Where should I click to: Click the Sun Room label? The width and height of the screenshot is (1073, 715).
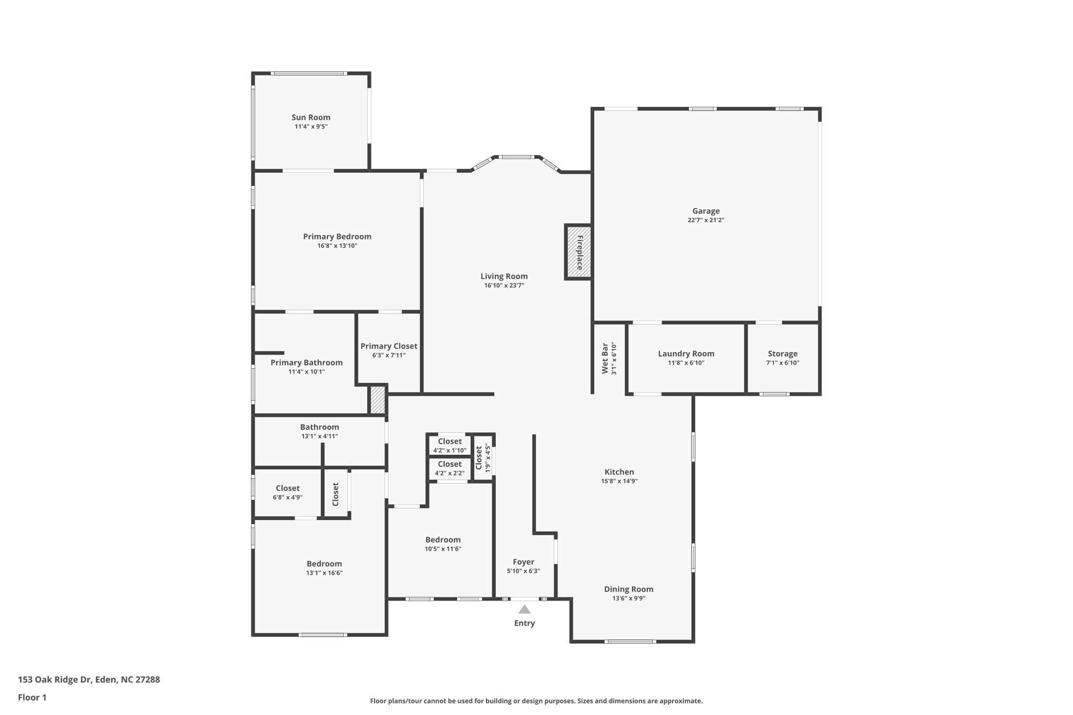point(311,117)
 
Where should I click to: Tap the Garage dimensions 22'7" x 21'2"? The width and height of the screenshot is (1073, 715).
point(706,221)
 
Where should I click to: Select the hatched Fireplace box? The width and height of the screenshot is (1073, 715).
point(578,252)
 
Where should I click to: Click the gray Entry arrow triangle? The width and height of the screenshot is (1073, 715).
point(524,609)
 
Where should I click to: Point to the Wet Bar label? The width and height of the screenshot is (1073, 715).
point(605,358)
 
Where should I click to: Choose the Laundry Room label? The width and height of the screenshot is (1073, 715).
point(686,354)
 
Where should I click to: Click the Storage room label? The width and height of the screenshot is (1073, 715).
point(782,354)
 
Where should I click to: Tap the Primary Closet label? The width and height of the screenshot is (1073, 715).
point(389,346)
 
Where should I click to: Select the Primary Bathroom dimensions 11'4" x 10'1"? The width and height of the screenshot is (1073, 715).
point(306,372)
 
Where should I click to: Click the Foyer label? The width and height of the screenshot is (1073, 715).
point(523,562)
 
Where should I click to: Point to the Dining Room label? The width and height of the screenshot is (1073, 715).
point(628,589)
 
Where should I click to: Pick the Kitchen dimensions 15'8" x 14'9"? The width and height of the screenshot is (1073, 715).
point(619,481)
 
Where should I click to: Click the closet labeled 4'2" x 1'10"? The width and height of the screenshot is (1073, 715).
point(450,442)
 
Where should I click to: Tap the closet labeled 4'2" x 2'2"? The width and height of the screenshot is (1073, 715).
point(450,464)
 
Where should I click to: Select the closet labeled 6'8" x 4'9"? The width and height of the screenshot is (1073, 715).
point(288,488)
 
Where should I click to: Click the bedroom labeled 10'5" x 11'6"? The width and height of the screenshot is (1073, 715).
point(443,540)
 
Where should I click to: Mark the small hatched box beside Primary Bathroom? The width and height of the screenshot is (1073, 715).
point(377,400)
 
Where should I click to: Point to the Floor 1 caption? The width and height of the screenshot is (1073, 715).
point(32,697)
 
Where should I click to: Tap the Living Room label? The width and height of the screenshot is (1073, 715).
point(504,277)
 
